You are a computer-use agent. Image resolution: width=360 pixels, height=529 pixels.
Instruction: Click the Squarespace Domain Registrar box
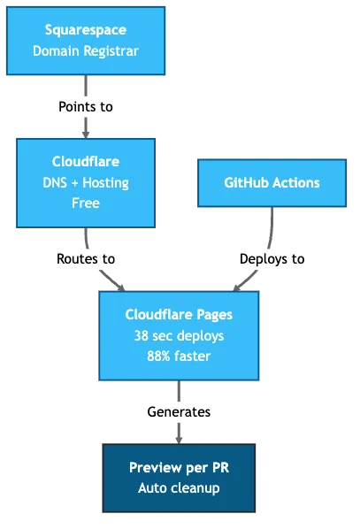(86, 41)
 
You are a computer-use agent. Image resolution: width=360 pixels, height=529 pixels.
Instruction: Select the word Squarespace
(86, 31)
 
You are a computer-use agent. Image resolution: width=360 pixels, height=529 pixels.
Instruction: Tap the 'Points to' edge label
(86, 106)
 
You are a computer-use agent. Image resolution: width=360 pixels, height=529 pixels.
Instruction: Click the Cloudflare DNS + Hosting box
(86, 182)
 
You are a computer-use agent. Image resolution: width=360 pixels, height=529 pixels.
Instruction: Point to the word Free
(86, 203)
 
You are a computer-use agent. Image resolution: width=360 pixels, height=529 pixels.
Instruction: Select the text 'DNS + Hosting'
(86, 183)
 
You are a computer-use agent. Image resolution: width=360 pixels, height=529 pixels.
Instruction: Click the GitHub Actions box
(272, 183)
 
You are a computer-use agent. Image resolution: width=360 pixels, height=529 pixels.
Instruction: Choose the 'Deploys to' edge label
(272, 259)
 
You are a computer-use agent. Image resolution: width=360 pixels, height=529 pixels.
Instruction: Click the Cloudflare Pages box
(180, 335)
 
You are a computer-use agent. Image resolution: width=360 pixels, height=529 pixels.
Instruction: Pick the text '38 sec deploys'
(180, 336)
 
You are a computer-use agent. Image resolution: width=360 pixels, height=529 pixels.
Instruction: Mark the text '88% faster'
(180, 356)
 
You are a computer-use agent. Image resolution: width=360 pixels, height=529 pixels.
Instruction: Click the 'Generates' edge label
(180, 412)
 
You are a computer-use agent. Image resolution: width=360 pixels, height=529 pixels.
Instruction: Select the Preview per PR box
(180, 478)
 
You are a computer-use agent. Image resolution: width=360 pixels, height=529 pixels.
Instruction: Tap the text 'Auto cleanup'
(180, 488)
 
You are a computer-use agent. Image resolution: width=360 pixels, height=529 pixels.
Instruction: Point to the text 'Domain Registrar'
(86, 50)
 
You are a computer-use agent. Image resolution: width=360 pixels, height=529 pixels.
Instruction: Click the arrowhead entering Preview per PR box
(180, 436)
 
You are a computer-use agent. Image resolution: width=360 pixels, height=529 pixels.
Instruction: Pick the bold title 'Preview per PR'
(180, 468)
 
